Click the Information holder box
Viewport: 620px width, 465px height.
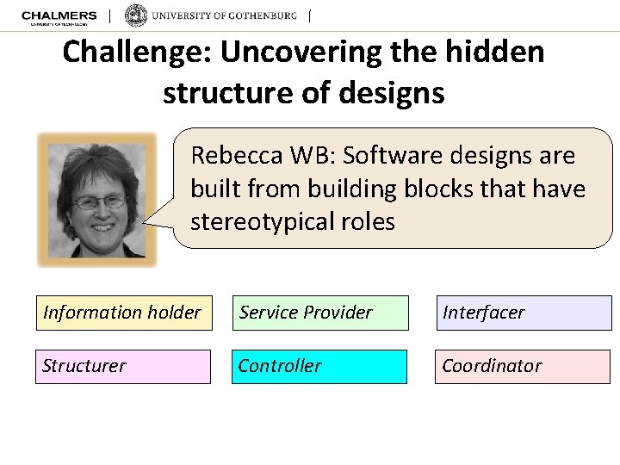[x=123, y=313]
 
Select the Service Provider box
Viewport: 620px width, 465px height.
[x=319, y=313]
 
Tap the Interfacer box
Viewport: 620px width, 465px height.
[x=523, y=313]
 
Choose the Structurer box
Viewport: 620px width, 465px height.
[x=123, y=366]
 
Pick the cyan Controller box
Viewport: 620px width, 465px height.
[x=319, y=366]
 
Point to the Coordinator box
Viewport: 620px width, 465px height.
[x=523, y=366]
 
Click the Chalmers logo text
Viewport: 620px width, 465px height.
[x=59, y=16]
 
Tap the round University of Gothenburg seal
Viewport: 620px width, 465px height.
[x=136, y=15]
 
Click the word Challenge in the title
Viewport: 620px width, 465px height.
[x=137, y=53]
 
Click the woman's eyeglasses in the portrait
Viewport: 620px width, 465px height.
[x=99, y=202]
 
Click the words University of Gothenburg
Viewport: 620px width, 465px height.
[x=225, y=16]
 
